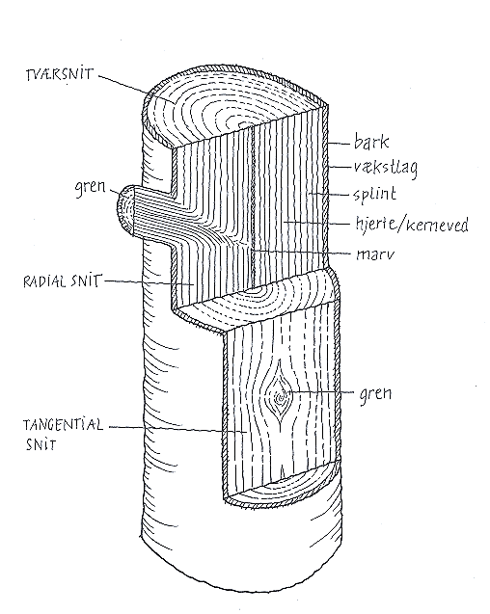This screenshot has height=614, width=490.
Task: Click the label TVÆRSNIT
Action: [60, 74]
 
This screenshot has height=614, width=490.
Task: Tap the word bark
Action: [371, 142]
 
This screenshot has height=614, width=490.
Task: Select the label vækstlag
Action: [386, 169]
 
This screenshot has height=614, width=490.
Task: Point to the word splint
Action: [375, 194]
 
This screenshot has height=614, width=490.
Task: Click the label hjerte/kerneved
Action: [412, 225]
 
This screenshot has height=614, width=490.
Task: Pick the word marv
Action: [375, 254]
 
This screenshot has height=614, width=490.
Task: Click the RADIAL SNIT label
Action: [62, 281]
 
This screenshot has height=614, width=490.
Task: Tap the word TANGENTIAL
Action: [63, 425]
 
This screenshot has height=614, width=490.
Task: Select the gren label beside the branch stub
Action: [91, 188]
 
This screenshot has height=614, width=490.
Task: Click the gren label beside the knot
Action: [375, 394]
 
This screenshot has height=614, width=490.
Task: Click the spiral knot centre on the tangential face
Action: [281, 398]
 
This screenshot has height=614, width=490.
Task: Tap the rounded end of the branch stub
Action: [124, 211]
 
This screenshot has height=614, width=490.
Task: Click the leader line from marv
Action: [300, 252]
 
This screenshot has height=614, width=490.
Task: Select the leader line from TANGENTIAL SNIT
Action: [177, 430]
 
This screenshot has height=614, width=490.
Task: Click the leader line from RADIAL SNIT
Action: [149, 283]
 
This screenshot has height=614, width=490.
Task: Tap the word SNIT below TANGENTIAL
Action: [41, 444]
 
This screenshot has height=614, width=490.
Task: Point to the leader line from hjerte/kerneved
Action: [316, 223]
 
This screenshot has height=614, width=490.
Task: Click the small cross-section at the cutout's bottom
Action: [283, 486]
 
